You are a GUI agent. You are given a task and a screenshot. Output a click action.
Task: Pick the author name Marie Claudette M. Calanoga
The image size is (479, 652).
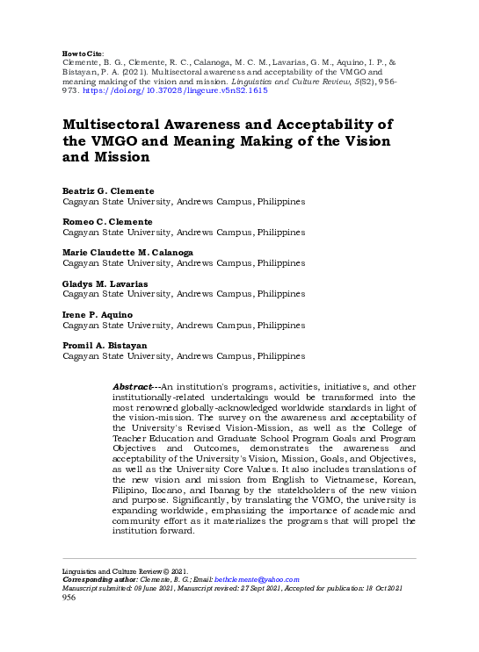click(128, 253)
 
